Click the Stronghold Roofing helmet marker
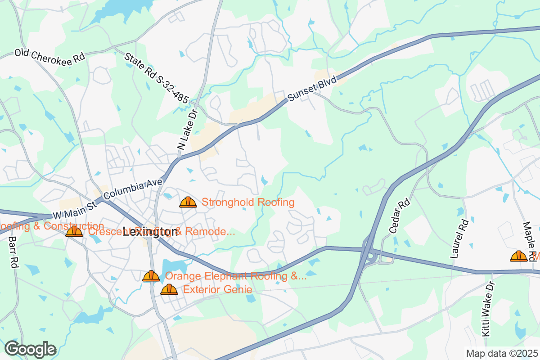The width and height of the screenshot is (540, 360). [188, 202]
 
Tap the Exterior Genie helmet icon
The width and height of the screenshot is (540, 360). [169, 289]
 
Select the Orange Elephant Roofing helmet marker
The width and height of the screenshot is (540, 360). [151, 276]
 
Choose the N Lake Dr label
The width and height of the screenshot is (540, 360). [188, 130]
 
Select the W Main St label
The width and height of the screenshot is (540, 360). [74, 209]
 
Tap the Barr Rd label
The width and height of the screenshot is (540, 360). [12, 252]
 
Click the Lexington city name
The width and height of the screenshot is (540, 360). [150, 232]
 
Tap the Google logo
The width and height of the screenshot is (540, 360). [31, 349]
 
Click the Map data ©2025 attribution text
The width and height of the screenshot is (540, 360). [501, 354]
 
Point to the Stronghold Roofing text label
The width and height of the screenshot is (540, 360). [248, 202]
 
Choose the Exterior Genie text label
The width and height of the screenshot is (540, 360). [217, 289]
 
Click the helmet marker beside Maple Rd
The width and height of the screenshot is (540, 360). [518, 256]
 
